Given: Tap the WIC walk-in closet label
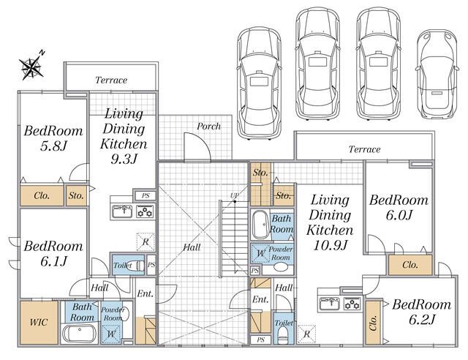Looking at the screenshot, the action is (39, 322).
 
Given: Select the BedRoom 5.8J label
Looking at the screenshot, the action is (53, 138).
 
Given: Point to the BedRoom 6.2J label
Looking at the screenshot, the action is (422, 312).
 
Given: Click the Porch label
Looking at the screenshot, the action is (208, 127).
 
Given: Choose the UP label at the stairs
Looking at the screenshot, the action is (234, 195).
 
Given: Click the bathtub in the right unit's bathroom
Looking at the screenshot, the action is (260, 225).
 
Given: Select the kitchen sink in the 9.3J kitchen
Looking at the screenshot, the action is (122, 211).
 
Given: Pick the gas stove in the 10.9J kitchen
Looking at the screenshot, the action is (352, 304).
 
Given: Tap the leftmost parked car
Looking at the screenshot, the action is (260, 83).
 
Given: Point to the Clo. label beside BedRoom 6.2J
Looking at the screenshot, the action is (373, 323).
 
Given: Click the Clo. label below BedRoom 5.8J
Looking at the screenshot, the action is (42, 195).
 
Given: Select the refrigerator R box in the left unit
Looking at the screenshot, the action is (146, 241).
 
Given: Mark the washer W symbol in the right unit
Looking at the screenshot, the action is (260, 254).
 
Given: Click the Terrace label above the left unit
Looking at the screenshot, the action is (111, 80).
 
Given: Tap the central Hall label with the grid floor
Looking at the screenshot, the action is (192, 247).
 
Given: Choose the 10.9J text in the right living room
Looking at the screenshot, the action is (330, 246).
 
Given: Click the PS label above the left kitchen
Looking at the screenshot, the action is (146, 195).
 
